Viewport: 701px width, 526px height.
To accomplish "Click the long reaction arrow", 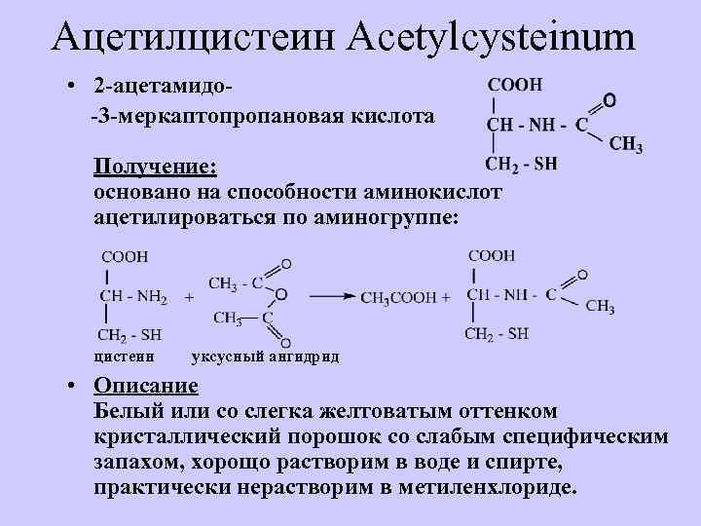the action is pos(331,294).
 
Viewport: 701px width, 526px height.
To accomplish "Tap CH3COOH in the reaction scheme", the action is pos(399,297).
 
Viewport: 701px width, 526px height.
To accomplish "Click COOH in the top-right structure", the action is pos(514,85).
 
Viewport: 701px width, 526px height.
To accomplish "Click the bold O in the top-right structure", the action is pos(609,99).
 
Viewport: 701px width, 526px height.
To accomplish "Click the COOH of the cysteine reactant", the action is pos(125,256).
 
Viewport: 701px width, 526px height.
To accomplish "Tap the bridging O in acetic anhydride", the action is pos(280,294).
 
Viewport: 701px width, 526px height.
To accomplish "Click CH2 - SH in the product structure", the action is pos(496,334).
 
